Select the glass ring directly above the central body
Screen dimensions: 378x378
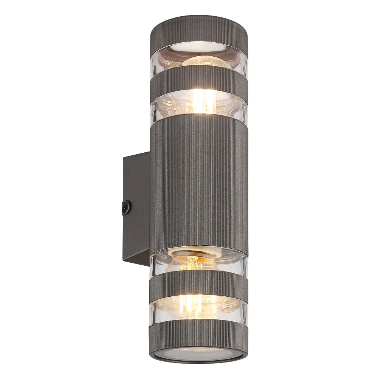(x=163, y=106)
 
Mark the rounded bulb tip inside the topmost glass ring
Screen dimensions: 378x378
(x=206, y=62)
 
